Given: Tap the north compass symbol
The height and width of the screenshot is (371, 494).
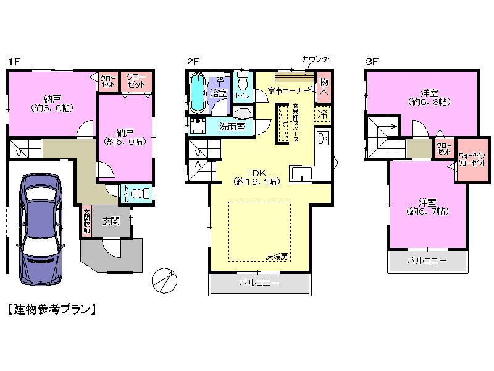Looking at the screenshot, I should tap(164, 279).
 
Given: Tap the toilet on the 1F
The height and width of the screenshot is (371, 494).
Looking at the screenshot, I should tap(140, 193).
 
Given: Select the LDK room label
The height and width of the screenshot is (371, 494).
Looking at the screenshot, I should tap(257, 177).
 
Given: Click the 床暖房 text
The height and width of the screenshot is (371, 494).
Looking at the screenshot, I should tap(277, 256).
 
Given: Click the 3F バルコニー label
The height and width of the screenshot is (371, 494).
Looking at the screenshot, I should tap(426, 260).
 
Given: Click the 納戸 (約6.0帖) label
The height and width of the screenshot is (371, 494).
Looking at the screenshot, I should tap(52, 103).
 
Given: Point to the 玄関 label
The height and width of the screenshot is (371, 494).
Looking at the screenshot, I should tap(111, 221).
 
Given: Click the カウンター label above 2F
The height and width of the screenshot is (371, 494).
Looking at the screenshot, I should tap(317, 59).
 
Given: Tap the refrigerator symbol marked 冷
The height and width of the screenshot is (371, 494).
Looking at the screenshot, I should tap(322, 114).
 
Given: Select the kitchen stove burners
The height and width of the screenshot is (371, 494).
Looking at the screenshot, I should tap(323, 139).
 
